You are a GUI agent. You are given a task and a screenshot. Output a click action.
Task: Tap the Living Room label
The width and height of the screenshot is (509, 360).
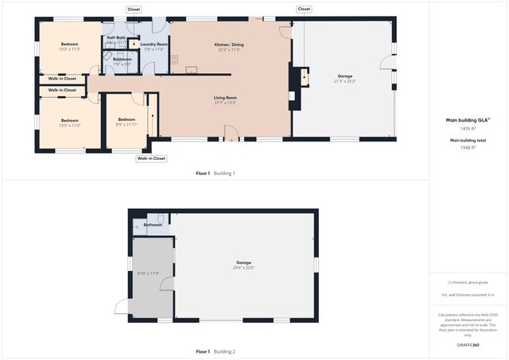coord(225,98)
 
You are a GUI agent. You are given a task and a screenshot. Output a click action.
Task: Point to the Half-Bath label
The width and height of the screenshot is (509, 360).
coord(116,37)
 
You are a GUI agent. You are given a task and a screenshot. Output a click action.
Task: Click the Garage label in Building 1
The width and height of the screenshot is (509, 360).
coord(345,76)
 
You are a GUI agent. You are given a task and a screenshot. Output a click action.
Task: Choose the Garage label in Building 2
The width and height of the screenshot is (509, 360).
coord(243,262)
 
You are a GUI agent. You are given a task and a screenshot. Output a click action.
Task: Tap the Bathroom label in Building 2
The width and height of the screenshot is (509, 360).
coord(153,225)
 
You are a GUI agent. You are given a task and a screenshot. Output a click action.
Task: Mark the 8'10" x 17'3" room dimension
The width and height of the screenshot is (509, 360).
coord(149,273)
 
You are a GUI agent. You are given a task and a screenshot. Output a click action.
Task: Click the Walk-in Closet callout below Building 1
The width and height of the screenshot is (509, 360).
coord(151,158)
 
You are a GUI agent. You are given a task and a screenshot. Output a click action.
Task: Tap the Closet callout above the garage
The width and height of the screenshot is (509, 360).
coord(304,10)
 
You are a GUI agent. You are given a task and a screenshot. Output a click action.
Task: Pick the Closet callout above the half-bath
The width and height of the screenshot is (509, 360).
coord(134,10)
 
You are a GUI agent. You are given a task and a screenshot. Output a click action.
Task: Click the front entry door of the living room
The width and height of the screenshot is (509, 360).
coord(231,134)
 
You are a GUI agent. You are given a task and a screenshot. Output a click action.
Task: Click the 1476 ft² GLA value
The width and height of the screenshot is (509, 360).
coord(468,128)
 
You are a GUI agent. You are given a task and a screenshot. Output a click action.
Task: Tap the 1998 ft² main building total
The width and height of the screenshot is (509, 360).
coord(468,147)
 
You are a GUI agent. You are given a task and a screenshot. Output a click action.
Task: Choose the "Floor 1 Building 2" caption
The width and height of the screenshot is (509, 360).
coord(216,351)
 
